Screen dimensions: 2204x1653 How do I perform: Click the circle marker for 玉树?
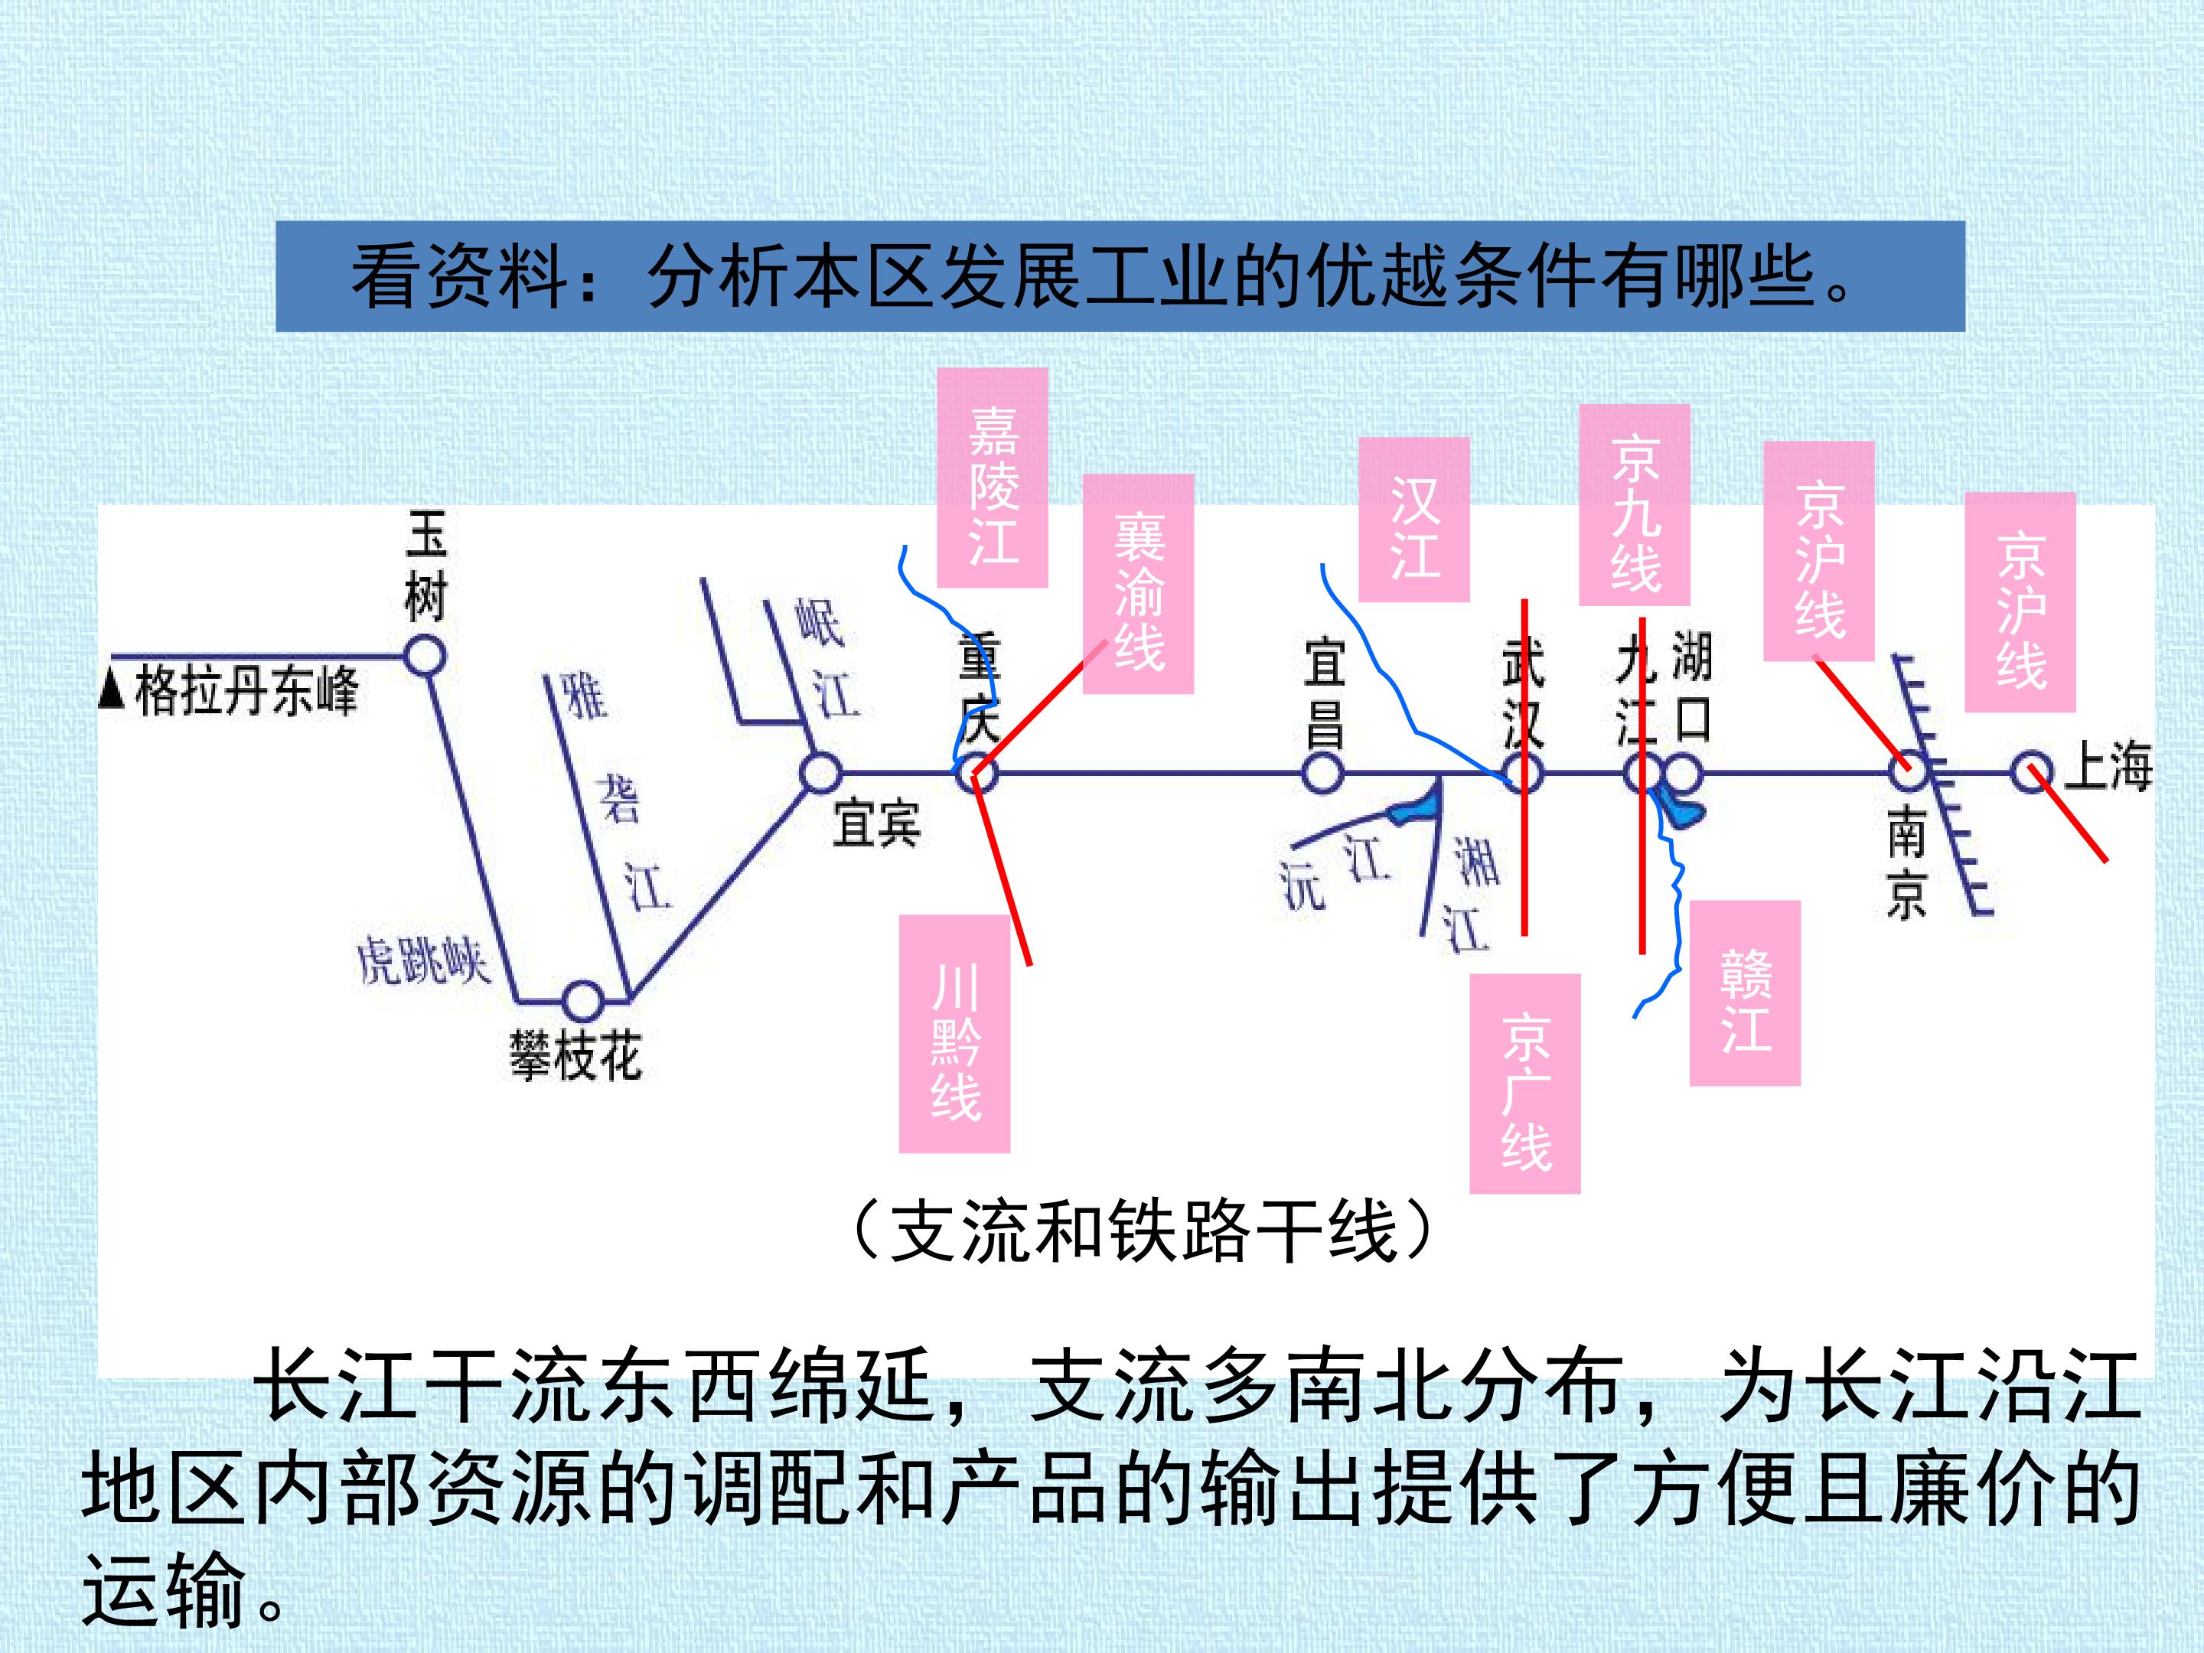click(x=425, y=657)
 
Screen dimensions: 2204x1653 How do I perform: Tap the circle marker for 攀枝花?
click(x=583, y=999)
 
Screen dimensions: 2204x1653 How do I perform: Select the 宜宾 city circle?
click(x=821, y=772)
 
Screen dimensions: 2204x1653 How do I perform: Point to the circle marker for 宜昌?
click(x=1323, y=772)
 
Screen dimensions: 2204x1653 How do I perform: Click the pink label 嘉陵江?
click(x=993, y=478)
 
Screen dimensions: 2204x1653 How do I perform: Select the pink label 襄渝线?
click(x=1138, y=583)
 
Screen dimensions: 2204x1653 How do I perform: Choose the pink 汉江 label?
click(x=1414, y=519)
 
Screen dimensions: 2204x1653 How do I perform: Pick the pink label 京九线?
click(x=1634, y=505)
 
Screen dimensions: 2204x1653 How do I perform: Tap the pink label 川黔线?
click(x=954, y=1033)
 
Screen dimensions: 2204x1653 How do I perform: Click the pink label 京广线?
click(x=1524, y=1083)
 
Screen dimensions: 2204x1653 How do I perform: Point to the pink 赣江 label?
click(x=1745, y=993)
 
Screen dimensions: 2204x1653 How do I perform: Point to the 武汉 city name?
click(x=1522, y=693)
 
